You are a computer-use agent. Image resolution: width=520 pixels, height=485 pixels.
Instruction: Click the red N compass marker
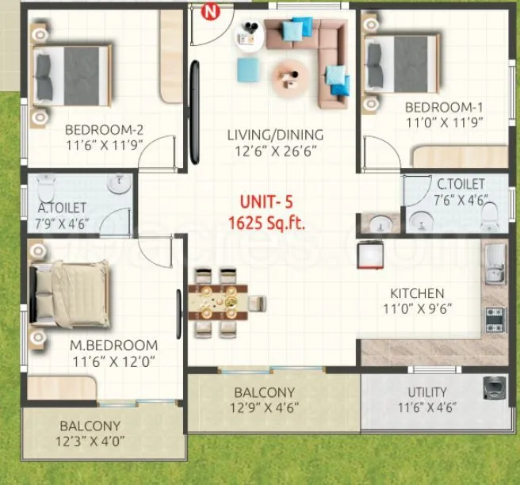(210, 11)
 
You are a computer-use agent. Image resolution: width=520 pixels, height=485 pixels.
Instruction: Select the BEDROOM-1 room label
(443, 107)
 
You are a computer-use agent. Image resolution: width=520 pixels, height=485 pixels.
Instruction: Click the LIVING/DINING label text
(275, 135)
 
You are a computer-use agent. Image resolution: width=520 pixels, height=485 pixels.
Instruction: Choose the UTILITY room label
(427, 391)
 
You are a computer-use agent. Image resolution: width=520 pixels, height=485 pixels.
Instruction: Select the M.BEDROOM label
(113, 346)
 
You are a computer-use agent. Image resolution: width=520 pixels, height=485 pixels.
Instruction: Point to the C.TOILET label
(461, 184)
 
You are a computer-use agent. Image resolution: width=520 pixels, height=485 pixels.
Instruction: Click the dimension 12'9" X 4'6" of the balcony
(264, 409)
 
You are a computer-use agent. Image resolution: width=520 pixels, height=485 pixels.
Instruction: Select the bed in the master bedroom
(70, 292)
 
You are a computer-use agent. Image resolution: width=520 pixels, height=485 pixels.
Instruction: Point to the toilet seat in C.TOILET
(491, 216)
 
